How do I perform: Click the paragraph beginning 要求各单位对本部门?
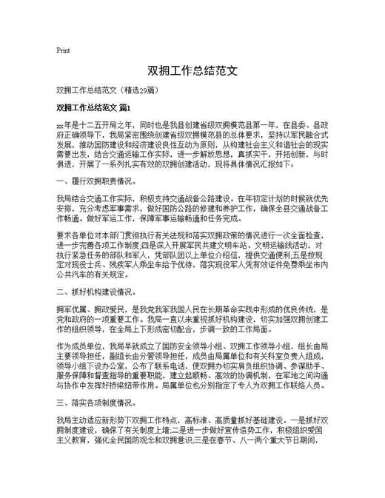click(192, 258)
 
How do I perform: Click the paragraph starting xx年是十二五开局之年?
click(192, 144)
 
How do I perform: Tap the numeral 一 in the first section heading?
click(60, 179)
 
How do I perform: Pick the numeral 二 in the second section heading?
click(60, 292)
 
